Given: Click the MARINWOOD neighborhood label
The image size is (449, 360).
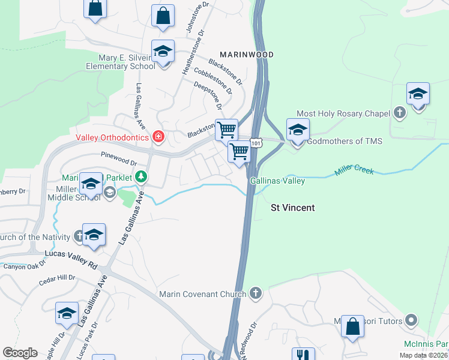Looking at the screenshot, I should (x=246, y=55).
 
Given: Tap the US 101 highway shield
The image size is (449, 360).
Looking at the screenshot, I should (x=256, y=143).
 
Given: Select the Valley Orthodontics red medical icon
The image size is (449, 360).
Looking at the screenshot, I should (x=158, y=137).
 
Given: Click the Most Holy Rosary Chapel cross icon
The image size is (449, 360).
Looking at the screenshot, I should (x=400, y=113).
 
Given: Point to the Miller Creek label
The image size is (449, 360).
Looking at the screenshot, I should (x=354, y=171).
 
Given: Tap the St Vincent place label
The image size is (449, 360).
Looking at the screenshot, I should (x=292, y=208).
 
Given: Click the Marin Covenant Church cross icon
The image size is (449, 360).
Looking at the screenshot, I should (x=256, y=294).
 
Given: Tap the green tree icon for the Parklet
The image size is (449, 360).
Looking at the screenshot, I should (x=141, y=176).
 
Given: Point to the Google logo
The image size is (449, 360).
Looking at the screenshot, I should (x=20, y=353).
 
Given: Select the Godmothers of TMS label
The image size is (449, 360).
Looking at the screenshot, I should (x=344, y=142).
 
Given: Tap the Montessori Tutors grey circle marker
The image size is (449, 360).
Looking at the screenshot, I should (x=411, y=320).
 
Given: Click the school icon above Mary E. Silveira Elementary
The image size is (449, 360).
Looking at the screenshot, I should (x=163, y=51).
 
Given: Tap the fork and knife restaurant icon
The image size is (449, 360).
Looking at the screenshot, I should (x=303, y=355).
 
